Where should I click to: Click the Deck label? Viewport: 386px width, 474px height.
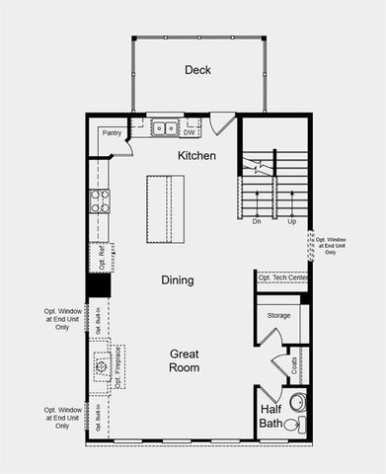(x=198, y=70)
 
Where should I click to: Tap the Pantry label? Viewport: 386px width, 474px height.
(x=112, y=133)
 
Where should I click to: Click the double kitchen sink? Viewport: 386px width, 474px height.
(x=165, y=127)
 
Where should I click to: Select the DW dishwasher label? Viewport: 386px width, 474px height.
(x=189, y=131)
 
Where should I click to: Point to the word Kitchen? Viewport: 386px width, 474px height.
(x=196, y=156)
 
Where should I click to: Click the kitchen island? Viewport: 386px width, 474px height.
(x=165, y=209)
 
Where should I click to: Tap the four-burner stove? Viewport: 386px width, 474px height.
(x=100, y=201)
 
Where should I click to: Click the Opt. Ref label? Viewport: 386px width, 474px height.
(x=102, y=258)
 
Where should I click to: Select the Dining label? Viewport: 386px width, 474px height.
(x=178, y=280)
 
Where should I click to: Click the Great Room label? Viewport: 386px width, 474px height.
(x=185, y=360)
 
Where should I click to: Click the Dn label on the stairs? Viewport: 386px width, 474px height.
(x=257, y=221)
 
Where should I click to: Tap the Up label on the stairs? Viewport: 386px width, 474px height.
(x=291, y=221)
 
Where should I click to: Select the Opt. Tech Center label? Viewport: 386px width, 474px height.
(x=283, y=278)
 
